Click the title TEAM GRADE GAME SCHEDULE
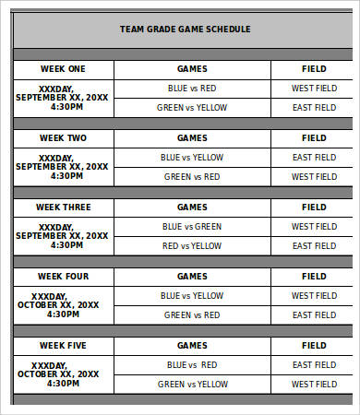coord(185,29)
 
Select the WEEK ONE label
coord(63,68)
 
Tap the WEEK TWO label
coord(63,138)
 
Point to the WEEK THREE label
coord(63,207)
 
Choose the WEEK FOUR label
coord(63,277)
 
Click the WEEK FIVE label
coord(63,345)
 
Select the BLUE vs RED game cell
coord(192,89)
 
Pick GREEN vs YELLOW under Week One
coord(192,108)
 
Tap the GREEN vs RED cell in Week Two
coord(192,177)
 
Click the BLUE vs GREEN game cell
coord(192,227)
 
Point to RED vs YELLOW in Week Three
coord(192,246)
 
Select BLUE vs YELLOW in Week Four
coord(192,296)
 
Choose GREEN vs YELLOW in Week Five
coord(192,385)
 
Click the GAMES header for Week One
coord(192,68)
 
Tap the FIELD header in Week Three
coord(314,207)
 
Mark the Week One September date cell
coord(63,98)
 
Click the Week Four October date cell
coord(63,305)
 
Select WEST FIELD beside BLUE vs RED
coord(314,89)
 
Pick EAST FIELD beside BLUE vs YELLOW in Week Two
coord(314,158)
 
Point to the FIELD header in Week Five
coord(314,345)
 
